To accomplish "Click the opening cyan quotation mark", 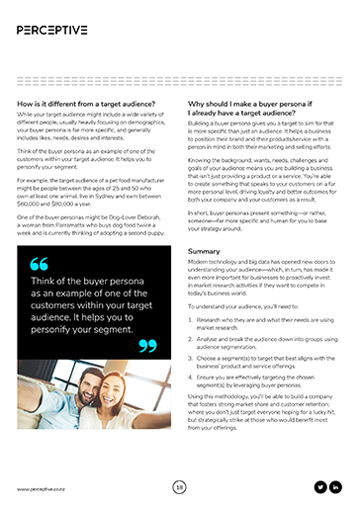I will (x=39, y=264).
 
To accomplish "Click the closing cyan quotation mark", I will (x=146, y=344).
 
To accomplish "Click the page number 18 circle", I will (x=180, y=486).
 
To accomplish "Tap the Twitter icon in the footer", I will (x=319, y=486).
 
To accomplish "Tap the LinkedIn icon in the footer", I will (x=336, y=486).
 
